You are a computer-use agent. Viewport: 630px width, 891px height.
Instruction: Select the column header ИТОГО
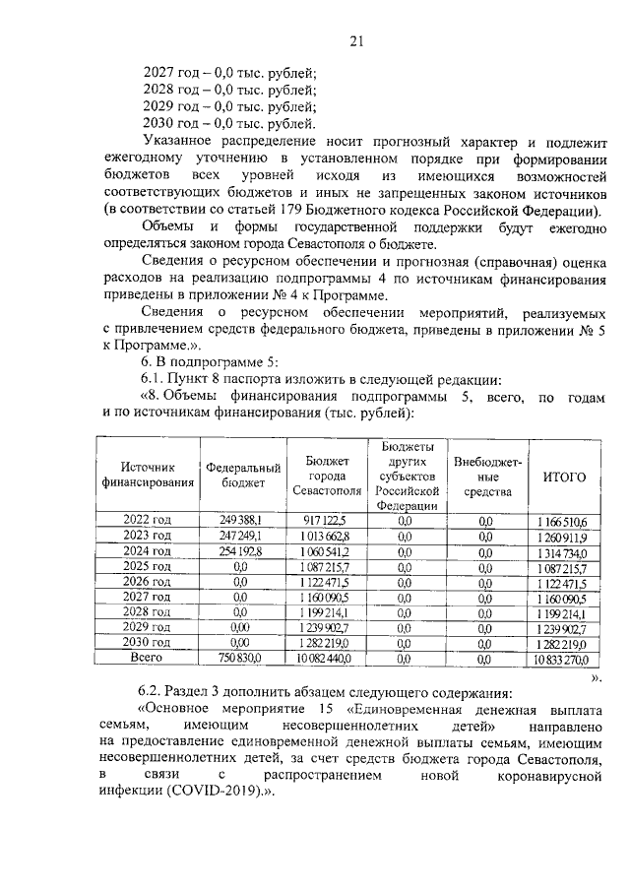tap(564, 477)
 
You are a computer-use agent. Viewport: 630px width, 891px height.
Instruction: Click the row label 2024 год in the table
tap(147, 553)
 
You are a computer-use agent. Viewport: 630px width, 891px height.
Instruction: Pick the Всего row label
tap(147, 656)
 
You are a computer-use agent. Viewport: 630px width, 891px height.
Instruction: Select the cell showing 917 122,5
tap(326, 520)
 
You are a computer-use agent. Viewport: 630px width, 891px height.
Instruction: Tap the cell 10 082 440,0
tap(326, 657)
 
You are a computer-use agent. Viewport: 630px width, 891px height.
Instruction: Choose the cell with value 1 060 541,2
tap(326, 554)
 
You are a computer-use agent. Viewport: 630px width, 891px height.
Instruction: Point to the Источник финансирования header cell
tap(147, 477)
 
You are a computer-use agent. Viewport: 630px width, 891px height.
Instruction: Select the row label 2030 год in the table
tap(147, 639)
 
